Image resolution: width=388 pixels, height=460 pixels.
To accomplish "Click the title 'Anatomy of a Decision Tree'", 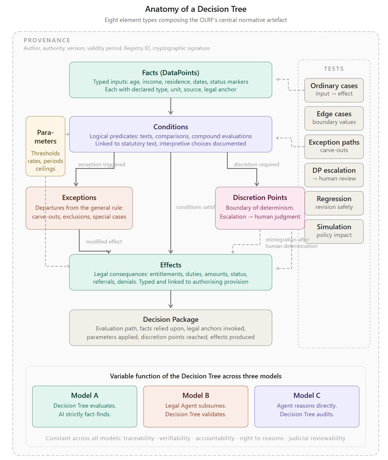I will [x=196, y=9].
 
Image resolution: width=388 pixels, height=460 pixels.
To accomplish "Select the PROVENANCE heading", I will [x=47, y=40].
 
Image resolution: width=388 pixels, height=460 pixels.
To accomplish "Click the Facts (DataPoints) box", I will [x=170, y=80].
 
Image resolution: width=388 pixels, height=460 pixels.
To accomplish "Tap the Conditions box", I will [x=170, y=134].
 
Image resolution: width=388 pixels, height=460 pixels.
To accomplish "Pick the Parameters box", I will [x=45, y=146].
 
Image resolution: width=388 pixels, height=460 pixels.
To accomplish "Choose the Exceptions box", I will [x=79, y=208].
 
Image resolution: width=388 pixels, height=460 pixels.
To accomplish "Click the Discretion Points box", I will [x=260, y=208].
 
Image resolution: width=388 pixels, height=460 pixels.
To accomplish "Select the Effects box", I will [x=170, y=272].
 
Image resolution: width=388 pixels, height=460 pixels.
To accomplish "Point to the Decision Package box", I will [x=170, y=328].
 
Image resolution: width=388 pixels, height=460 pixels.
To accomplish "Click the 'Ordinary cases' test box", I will [x=334, y=90].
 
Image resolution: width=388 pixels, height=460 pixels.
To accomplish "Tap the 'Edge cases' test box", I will [x=334, y=118].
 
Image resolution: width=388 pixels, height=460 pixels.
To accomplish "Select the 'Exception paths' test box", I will [x=334, y=147].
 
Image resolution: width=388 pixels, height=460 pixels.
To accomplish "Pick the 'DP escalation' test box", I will [x=334, y=175].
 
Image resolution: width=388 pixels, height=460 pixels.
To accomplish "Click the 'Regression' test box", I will [x=334, y=203].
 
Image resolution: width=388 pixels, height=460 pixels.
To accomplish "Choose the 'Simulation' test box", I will [x=334, y=231].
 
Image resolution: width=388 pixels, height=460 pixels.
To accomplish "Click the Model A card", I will [x=84, y=406].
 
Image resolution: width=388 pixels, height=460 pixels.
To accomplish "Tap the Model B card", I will [x=196, y=406].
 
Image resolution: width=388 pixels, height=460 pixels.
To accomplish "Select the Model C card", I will [x=307, y=406].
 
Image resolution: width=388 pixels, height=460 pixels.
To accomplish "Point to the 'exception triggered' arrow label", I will [x=101, y=164].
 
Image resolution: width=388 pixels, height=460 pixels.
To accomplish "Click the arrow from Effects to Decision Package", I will [x=171, y=299].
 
